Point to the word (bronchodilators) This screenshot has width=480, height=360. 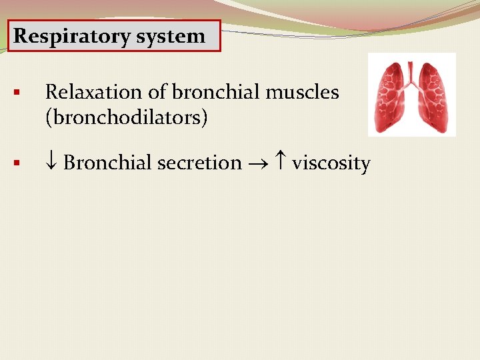point(126,118)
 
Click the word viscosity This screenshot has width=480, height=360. point(331,163)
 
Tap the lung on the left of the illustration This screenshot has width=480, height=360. point(391,100)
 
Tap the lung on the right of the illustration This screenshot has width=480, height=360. point(433,100)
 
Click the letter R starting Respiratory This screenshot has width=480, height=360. point(21,36)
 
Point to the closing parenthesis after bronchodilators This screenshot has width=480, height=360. point(205,119)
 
